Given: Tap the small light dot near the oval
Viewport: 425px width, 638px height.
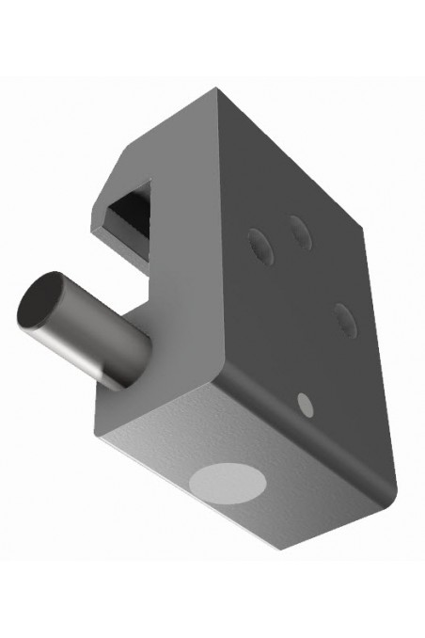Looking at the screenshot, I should tap(305, 405).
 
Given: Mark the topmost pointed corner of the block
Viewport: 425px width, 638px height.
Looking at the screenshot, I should tap(218, 90).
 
